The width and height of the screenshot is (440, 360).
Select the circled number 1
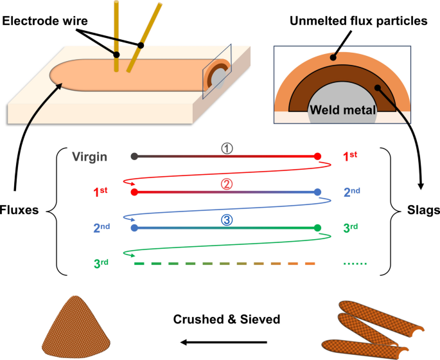click(225, 148)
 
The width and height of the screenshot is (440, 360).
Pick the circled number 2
click(225, 184)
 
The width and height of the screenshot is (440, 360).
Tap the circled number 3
click(225, 219)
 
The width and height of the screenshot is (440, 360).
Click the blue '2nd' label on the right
click(355, 192)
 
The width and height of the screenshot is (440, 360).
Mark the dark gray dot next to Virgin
click(134, 156)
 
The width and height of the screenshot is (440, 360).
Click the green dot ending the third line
click(317, 228)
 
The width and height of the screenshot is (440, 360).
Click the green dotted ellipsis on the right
click(355, 263)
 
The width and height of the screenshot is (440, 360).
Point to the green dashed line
click(225, 264)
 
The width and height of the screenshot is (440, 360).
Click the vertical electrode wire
click(116, 35)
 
